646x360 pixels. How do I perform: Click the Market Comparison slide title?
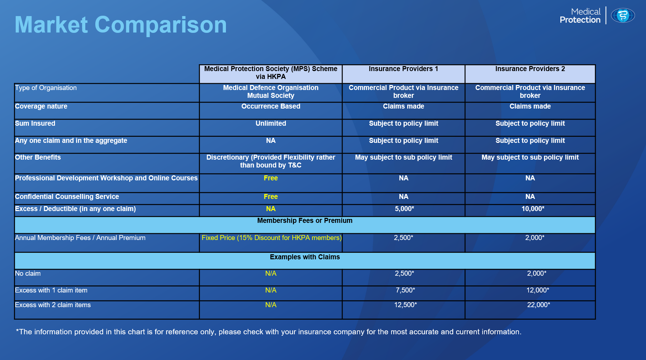tap(121, 25)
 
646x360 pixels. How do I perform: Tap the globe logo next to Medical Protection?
tap(623, 16)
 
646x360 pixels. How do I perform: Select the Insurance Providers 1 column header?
tap(403, 69)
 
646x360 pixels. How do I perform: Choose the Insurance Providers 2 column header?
tap(530, 69)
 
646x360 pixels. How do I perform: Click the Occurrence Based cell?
tap(271, 106)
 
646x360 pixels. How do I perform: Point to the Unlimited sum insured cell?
tap(271, 124)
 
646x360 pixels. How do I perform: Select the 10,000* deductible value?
tap(533, 209)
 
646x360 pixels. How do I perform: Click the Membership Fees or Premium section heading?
tap(305, 221)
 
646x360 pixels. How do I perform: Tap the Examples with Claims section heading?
tap(305, 257)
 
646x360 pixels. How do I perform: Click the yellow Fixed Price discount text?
tap(272, 238)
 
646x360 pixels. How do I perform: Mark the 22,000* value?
tap(539, 305)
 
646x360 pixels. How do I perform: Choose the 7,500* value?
tap(405, 290)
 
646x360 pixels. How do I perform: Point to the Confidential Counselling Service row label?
tap(67, 197)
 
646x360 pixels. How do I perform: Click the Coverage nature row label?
tap(41, 106)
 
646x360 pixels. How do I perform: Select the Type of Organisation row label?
tap(46, 88)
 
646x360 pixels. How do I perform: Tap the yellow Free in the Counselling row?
tap(271, 197)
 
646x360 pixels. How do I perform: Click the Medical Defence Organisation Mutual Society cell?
tap(271, 92)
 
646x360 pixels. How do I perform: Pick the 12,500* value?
tap(405, 305)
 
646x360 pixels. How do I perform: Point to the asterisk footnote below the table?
tap(269, 332)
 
